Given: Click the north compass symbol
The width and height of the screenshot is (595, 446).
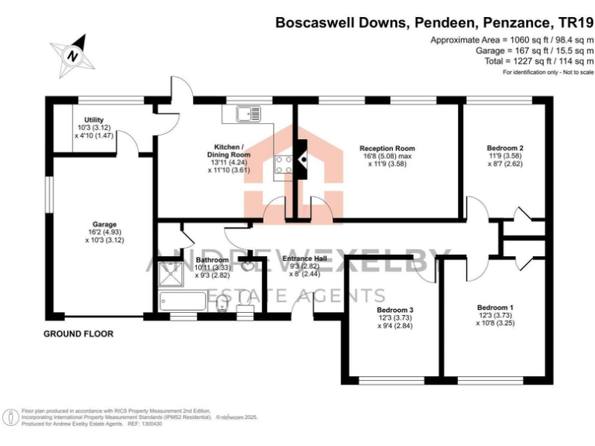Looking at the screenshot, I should tap(72, 55).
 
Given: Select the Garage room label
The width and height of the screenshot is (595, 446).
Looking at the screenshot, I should tap(102, 225).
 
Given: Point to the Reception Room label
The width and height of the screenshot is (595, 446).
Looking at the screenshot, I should tap(387, 148).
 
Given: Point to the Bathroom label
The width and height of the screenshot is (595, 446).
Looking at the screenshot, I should tap(212, 259).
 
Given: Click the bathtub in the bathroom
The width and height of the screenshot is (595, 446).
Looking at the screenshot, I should tap(181, 302).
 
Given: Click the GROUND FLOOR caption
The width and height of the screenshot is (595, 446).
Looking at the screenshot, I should tap(77, 334).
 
